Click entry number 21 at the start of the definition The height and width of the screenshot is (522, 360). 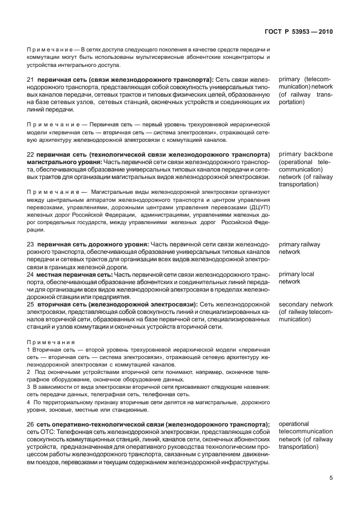point(31,79)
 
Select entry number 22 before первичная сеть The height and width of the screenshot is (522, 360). point(31,155)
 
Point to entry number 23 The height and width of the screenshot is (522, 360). point(31,244)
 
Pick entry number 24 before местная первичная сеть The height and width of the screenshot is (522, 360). point(31,274)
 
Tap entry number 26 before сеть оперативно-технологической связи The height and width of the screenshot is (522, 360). point(31,424)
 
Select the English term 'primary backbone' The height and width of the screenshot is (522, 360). point(305,154)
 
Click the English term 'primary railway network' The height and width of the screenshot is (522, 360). point(299,248)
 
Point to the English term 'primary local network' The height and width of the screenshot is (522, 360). point(296,278)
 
